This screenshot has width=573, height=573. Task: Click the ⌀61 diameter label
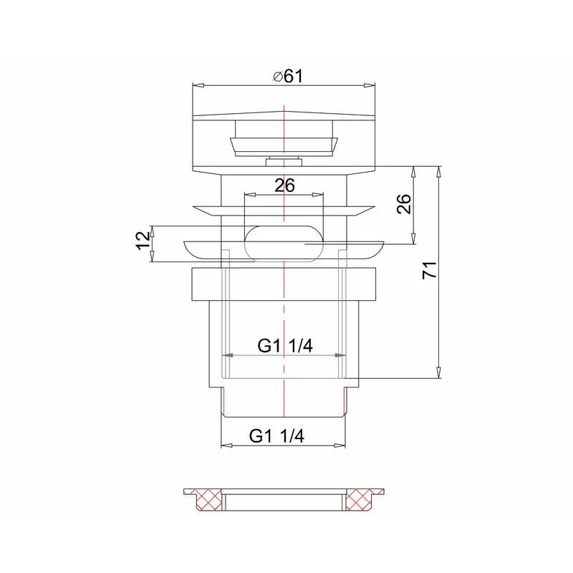click(288, 77)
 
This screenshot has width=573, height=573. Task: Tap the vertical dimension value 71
click(430, 270)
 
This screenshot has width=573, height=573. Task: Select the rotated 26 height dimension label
click(404, 204)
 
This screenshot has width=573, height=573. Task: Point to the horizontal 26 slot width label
click(284, 186)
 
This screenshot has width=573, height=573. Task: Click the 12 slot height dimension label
click(143, 241)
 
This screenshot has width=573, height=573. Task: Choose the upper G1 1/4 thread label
click(285, 346)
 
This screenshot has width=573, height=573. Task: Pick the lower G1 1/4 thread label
click(276, 436)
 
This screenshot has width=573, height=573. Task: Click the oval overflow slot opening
click(284, 244)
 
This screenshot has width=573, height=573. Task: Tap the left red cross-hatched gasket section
click(209, 499)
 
